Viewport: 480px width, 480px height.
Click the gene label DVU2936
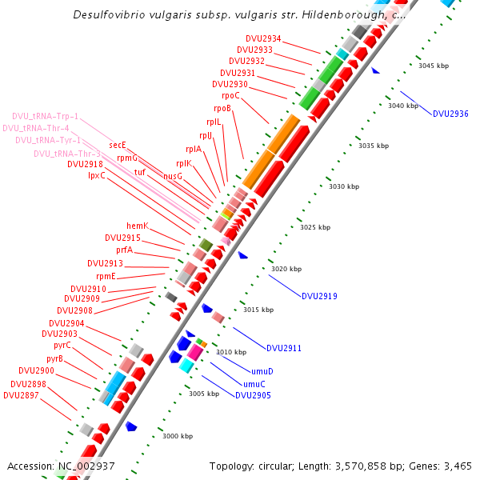(x=450, y=114)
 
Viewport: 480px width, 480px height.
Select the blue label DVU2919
(x=319, y=296)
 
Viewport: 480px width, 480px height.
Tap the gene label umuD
(x=262, y=371)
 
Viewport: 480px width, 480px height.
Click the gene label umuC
(x=254, y=384)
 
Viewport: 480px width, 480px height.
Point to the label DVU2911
(x=284, y=348)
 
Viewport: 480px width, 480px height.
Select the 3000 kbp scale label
(x=178, y=436)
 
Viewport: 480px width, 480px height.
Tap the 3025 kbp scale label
(x=315, y=227)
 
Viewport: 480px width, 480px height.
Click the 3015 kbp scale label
(x=258, y=310)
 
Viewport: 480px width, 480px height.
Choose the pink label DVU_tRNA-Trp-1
(x=46, y=115)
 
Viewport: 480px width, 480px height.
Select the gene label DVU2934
(x=264, y=38)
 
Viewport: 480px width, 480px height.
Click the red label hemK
(x=138, y=226)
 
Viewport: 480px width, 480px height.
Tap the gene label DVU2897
(x=20, y=395)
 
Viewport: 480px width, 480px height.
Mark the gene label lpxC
(x=97, y=175)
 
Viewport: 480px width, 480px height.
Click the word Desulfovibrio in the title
(x=108, y=14)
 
